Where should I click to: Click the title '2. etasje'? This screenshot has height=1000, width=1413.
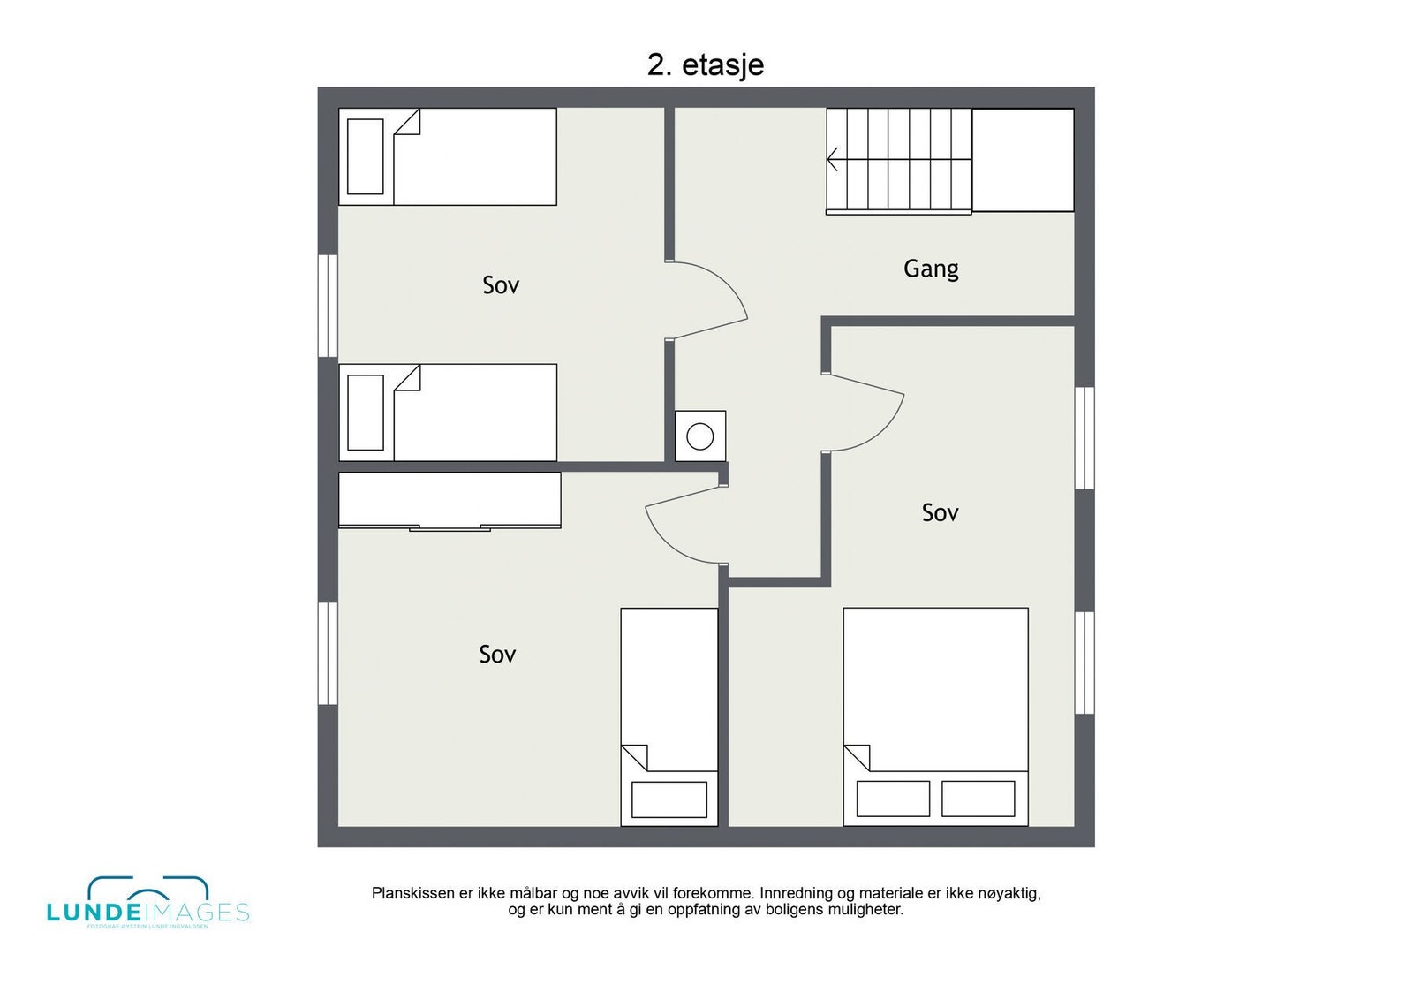coord(705,65)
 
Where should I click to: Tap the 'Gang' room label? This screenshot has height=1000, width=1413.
coord(931,268)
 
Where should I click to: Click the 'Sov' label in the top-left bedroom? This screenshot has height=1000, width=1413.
coord(501,284)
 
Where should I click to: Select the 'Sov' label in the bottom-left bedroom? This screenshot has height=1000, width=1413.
coord(497,654)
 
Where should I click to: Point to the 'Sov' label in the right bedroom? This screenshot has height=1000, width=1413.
coord(940,512)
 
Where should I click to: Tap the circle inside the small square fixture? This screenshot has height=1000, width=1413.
coord(700,436)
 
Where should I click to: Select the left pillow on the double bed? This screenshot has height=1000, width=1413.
coord(893,799)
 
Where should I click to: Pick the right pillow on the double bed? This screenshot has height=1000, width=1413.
coord(978,799)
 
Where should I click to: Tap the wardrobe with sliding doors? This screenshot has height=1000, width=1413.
coord(450,500)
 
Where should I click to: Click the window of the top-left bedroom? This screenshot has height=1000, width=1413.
coord(328,306)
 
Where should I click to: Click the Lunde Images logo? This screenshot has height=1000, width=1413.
coord(147,904)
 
